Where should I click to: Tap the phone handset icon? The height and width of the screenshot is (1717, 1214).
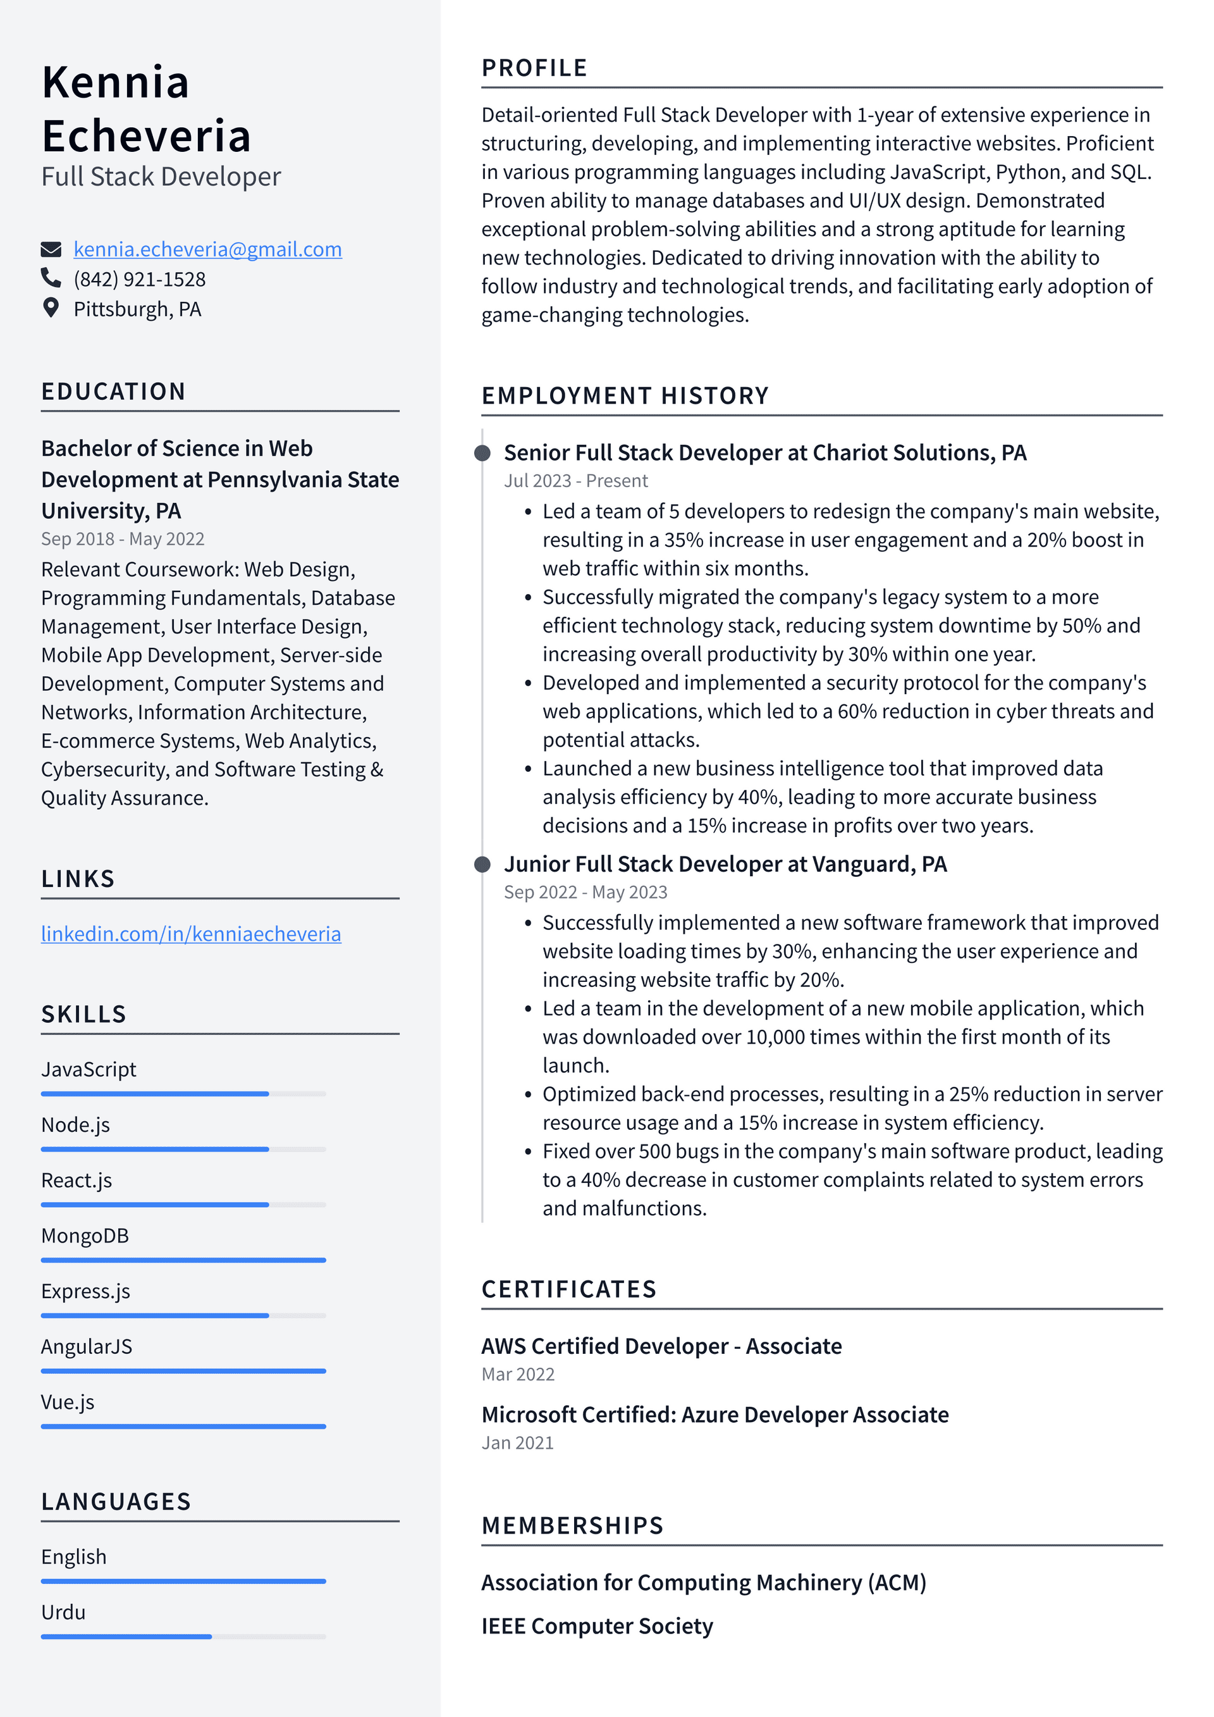tap(51, 278)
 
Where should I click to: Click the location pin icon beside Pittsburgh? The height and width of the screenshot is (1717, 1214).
tap(51, 308)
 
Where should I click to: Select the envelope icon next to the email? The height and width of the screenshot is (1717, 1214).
tap(51, 249)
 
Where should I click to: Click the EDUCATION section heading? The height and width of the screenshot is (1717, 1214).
tap(114, 392)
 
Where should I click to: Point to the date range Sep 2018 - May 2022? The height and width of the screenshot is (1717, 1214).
tap(123, 538)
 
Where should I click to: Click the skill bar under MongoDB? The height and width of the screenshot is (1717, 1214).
tap(183, 1260)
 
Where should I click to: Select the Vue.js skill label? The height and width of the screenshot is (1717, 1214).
tap(68, 1402)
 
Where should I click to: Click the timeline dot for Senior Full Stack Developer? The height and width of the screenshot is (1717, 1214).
tap(483, 452)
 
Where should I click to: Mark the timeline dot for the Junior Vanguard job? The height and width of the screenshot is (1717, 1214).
tap(483, 864)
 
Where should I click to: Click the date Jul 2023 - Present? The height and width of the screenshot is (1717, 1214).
tap(575, 481)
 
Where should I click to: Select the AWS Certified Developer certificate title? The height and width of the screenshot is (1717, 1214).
tap(661, 1346)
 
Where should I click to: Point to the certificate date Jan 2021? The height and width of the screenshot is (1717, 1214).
tap(517, 1442)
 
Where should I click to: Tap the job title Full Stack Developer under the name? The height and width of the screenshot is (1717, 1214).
tap(161, 177)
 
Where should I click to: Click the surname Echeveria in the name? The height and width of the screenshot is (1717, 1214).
tap(147, 136)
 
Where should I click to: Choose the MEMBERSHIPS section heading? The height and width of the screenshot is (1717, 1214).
tap(573, 1525)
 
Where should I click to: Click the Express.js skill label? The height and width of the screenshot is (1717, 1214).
tap(86, 1291)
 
